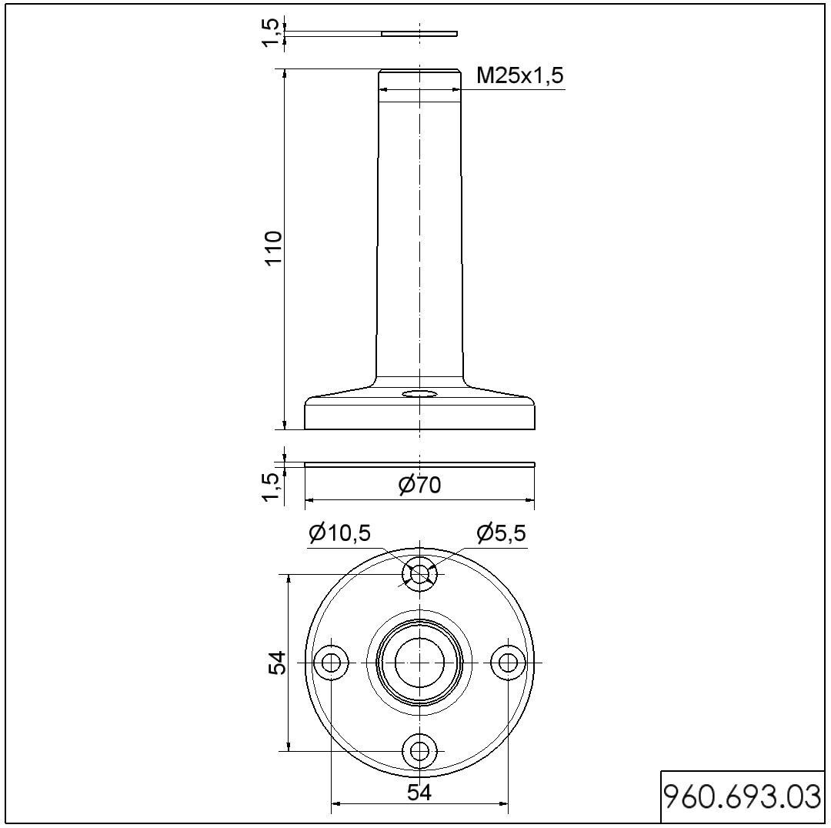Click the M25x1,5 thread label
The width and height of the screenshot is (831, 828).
[x=521, y=75]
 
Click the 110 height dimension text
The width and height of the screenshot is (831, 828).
[x=274, y=249]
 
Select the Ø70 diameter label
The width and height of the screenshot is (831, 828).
[x=420, y=486]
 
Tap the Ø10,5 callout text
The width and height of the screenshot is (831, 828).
[x=340, y=533]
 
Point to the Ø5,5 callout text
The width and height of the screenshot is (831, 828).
[x=501, y=533]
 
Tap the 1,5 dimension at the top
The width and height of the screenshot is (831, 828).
[x=270, y=32]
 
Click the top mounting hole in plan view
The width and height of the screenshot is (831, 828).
[x=419, y=574]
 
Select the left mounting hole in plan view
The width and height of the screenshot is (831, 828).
[x=332, y=662]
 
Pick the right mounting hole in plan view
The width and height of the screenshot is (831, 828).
[x=507, y=662]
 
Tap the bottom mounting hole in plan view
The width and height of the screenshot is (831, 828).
[x=419, y=750]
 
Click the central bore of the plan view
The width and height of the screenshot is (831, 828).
[x=419, y=662]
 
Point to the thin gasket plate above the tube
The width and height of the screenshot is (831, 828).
[x=419, y=34]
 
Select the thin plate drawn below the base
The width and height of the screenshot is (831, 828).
[x=419, y=464]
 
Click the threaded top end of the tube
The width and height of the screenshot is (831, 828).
[x=419, y=80]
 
